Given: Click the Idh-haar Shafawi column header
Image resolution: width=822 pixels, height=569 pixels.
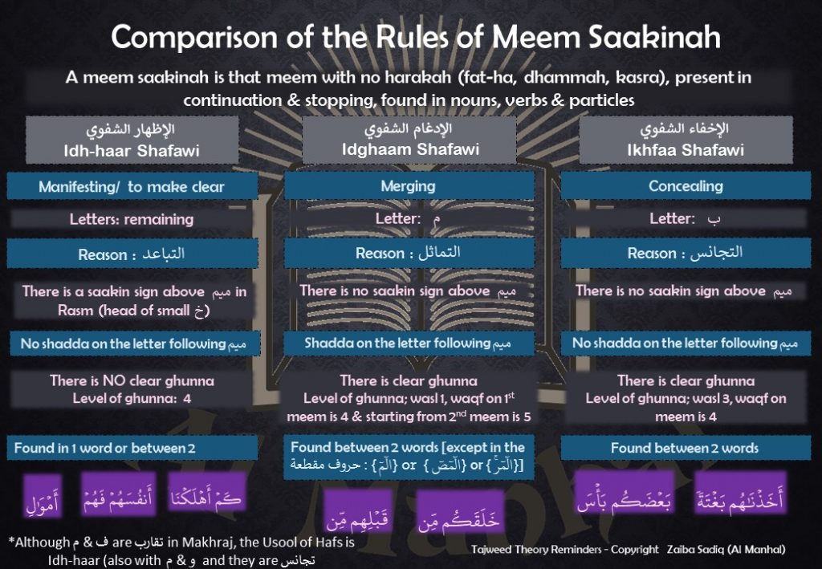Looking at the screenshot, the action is click(132, 140).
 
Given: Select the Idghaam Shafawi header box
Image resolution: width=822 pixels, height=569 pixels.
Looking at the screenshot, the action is click(409, 140).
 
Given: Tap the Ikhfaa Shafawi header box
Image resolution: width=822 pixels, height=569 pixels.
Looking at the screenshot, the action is click(686, 140).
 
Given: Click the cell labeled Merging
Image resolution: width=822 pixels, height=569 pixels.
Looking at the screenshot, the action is click(409, 186).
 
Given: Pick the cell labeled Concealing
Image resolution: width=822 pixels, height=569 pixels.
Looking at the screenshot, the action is click(686, 186).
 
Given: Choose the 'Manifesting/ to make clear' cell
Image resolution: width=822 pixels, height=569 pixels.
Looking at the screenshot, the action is click(132, 186).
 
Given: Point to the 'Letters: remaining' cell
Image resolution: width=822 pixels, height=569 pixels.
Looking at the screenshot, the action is click(132, 219).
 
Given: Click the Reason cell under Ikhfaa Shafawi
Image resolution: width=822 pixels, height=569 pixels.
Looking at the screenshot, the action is click(686, 253).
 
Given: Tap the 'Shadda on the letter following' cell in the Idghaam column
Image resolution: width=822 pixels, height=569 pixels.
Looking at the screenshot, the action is click(409, 343).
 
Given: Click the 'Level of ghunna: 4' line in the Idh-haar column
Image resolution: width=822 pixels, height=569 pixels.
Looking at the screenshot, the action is click(132, 399).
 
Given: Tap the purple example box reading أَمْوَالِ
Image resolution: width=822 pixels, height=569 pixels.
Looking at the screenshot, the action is click(43, 497).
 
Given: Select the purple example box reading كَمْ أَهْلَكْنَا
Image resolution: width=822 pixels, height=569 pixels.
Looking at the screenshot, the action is click(207, 494).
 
